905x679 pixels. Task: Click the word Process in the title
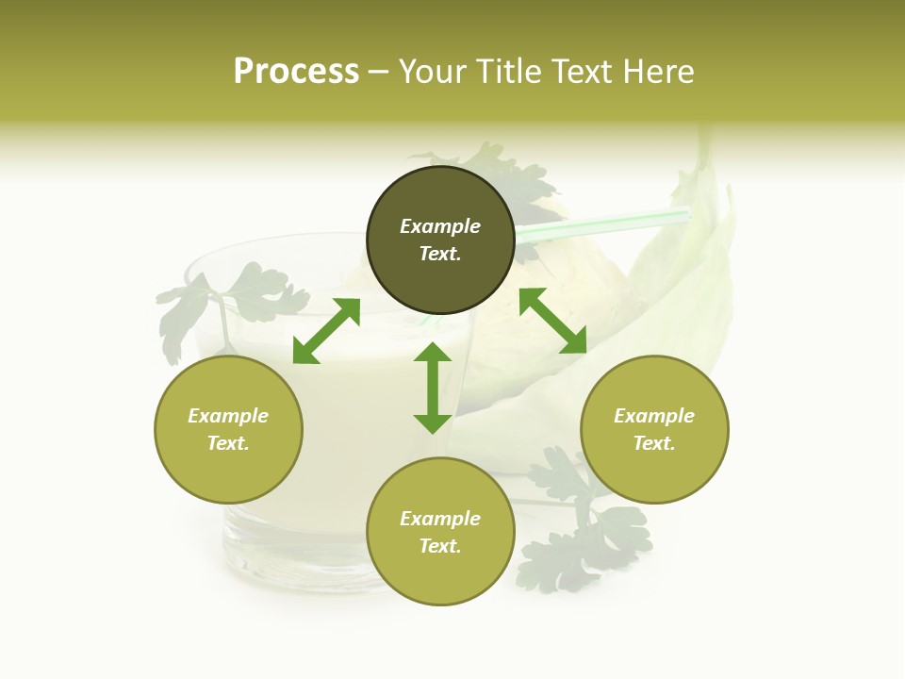tap(296, 72)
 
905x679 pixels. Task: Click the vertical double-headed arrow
tap(433, 388)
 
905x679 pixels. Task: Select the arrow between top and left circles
tap(326, 331)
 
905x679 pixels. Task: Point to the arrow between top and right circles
tap(552, 321)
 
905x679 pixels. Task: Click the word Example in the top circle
tap(440, 226)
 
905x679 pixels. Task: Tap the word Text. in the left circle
tap(228, 443)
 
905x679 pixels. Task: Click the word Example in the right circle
tap(654, 416)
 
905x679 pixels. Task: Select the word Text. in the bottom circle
tap(440, 546)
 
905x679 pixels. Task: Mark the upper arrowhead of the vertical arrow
tap(433, 353)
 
